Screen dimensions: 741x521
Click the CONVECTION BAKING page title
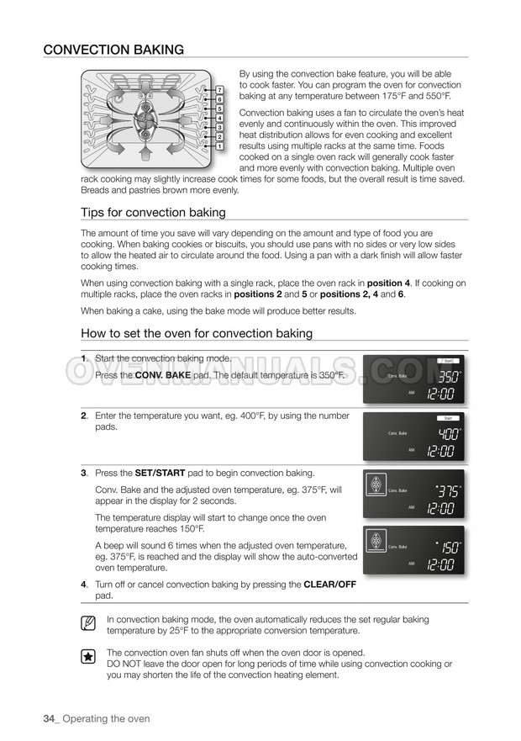(x=113, y=50)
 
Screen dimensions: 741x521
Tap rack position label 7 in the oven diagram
(x=219, y=89)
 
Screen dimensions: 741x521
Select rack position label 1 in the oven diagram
(x=219, y=146)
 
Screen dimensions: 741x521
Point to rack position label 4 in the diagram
(x=219, y=118)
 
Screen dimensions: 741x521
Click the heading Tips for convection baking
(x=153, y=212)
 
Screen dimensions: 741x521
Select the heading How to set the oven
(x=197, y=333)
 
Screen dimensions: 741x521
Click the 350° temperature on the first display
(x=449, y=376)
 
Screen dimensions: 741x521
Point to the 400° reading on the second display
(x=449, y=434)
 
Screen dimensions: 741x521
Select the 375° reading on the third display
(x=449, y=490)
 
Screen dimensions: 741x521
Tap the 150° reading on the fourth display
(x=449, y=548)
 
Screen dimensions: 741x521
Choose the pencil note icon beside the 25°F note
(x=88, y=624)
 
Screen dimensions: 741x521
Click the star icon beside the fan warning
(x=88, y=658)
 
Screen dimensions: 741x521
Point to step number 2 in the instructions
(x=84, y=415)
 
